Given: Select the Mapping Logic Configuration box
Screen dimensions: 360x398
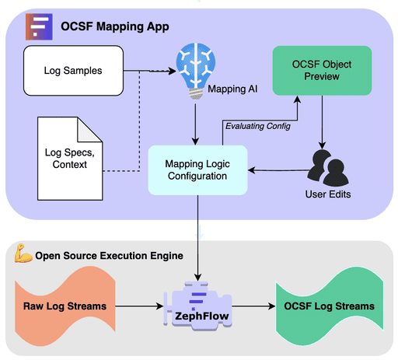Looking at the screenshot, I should tap(197, 169).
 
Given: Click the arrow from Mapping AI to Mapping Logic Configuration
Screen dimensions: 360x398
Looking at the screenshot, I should tap(194, 123).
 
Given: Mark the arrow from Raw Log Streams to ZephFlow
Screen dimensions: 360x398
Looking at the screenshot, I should tap(140, 306).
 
